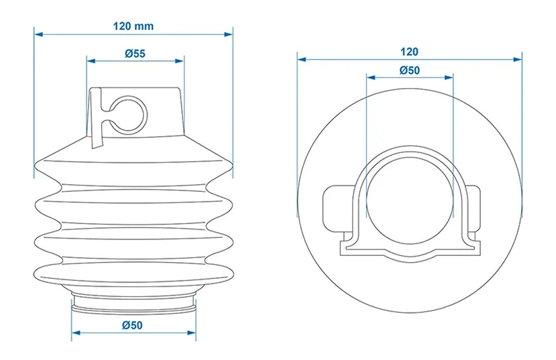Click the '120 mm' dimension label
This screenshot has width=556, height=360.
[x=133, y=26]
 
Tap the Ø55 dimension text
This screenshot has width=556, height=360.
[x=135, y=53]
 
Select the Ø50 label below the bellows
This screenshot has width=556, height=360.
[x=132, y=325]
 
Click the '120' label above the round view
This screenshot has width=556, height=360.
[x=410, y=52]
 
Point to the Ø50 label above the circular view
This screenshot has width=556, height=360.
[x=410, y=70]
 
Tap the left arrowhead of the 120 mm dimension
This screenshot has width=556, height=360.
[x=38, y=34]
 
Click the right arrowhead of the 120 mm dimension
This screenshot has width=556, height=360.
[x=229, y=34]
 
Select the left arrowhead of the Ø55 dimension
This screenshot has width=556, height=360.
[x=91, y=61]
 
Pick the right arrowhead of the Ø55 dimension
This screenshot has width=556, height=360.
[x=180, y=61]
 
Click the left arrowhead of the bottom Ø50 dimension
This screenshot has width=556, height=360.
[x=76, y=333]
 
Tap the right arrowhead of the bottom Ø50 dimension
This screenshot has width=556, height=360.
[x=191, y=333]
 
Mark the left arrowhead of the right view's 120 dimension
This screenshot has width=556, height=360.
[x=302, y=60]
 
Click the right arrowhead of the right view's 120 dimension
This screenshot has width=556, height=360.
[x=518, y=60]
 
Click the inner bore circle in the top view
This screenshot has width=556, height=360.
[x=410, y=200]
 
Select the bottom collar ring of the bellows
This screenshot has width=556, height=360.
[x=133, y=304]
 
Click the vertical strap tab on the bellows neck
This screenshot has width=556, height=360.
[x=96, y=118]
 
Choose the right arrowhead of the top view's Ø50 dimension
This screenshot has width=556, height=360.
[x=449, y=77]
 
